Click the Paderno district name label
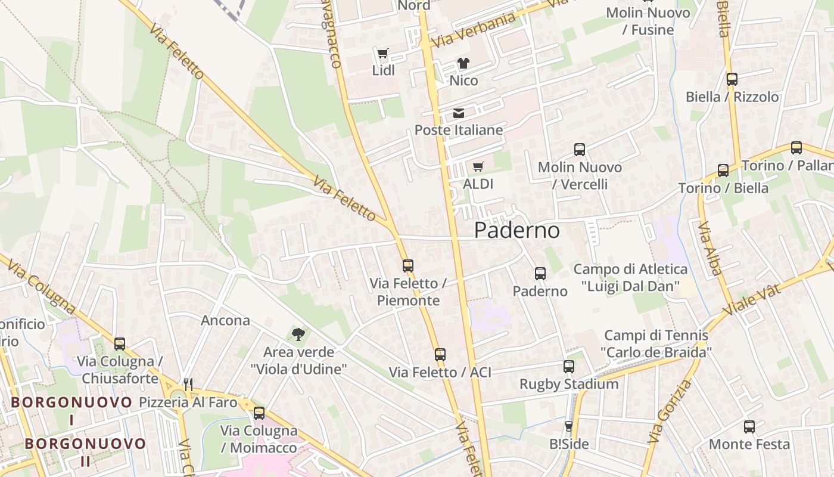pyautogui.click(x=517, y=231)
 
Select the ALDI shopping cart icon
pyautogui.click(x=478, y=167)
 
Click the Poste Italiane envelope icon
pyautogui.click(x=458, y=113)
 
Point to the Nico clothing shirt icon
pyautogui.click(x=463, y=63)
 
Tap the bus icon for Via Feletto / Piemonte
pyautogui.click(x=407, y=266)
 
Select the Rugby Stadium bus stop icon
pyautogui.click(x=569, y=367)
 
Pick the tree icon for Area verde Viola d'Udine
pyautogui.click(x=298, y=334)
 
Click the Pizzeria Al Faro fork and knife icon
pyautogui.click(x=188, y=385)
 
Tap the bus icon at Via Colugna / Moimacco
pyautogui.click(x=259, y=413)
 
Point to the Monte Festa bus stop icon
pyautogui.click(x=749, y=427)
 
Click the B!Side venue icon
pyautogui.click(x=568, y=426)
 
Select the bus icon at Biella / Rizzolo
pyautogui.click(x=732, y=79)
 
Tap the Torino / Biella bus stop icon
pyautogui.click(x=723, y=171)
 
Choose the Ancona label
pyautogui.click(x=225, y=321)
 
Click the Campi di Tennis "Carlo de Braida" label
pyautogui.click(x=656, y=344)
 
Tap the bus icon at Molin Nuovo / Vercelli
pyautogui.click(x=579, y=150)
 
